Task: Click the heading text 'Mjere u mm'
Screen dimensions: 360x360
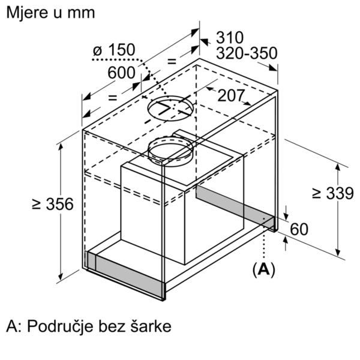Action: (50, 13)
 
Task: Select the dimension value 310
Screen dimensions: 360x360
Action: (230, 37)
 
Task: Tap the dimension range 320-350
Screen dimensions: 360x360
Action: (247, 53)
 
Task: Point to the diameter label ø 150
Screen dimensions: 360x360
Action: (114, 50)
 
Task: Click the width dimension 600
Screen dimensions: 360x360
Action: (121, 73)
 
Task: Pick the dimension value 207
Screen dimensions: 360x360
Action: (230, 95)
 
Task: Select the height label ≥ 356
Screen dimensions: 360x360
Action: (53, 204)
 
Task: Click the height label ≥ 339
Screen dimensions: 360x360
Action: (333, 193)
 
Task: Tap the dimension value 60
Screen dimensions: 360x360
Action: (299, 229)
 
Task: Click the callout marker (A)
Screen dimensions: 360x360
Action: (263, 270)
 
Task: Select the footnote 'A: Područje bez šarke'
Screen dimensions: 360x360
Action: (89, 326)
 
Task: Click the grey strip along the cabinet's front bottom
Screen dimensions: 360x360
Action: (125, 275)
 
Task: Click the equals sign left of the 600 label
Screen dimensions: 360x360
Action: (113, 98)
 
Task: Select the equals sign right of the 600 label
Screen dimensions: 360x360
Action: (172, 61)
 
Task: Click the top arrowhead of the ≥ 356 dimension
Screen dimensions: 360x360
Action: (61, 147)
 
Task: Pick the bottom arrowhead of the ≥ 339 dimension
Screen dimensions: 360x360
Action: (338, 252)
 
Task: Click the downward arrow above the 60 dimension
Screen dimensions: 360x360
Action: (286, 213)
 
